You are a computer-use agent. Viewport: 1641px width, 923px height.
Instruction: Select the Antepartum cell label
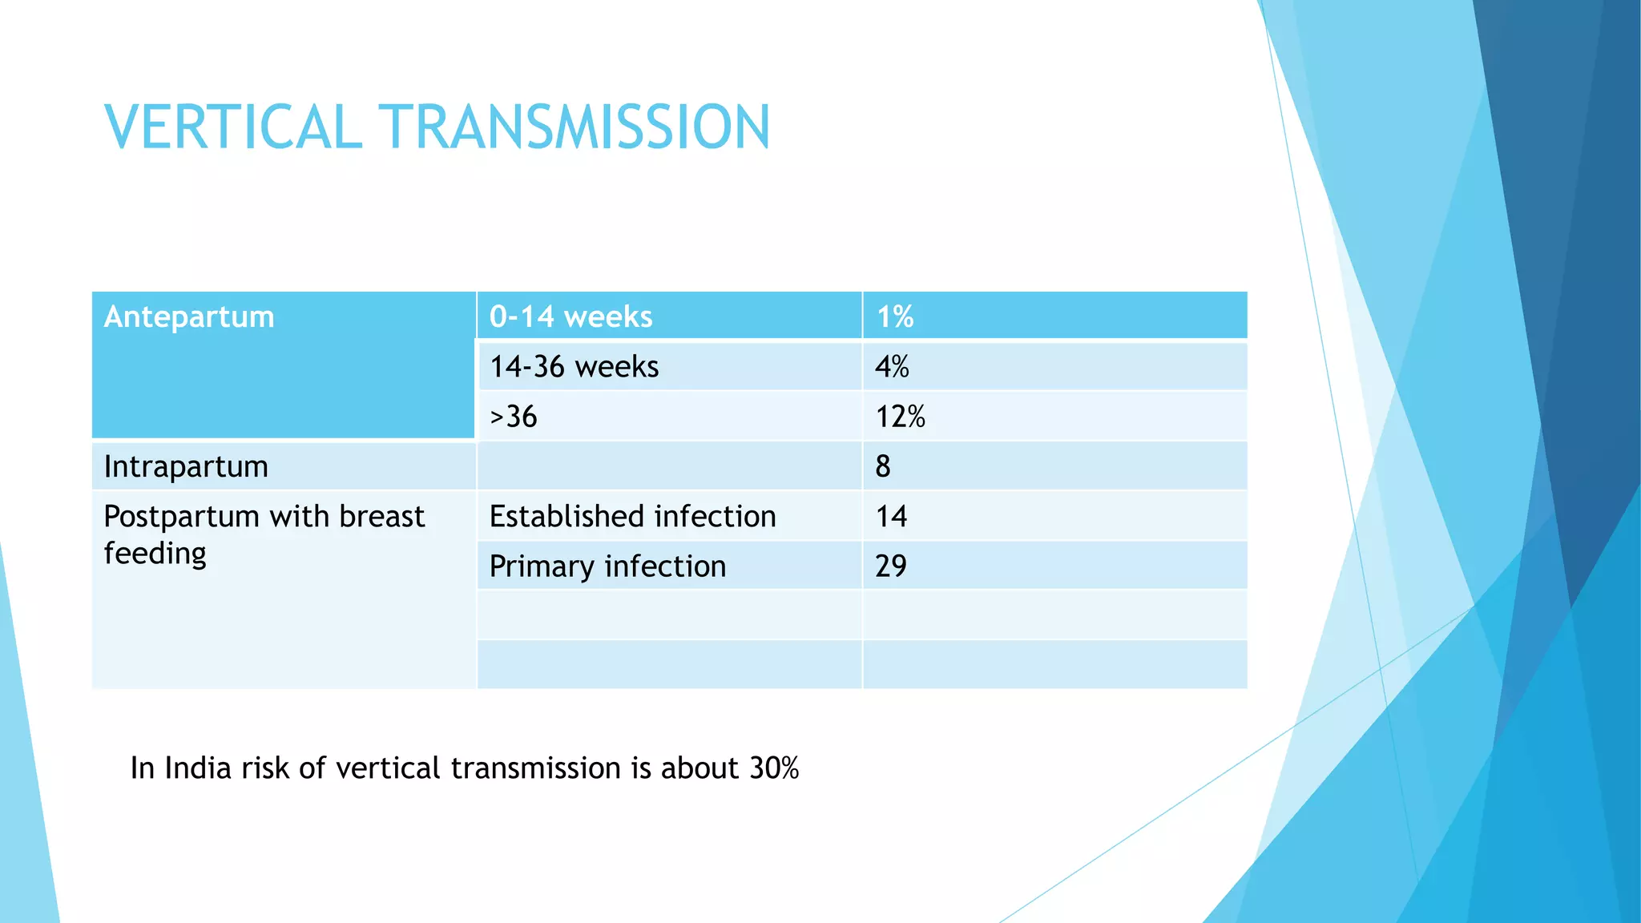pyautogui.click(x=189, y=316)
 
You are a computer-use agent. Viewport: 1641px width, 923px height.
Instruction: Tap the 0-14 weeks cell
pyautogui.click(x=571, y=316)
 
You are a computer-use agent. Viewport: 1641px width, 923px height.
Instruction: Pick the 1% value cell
pyautogui.click(x=894, y=316)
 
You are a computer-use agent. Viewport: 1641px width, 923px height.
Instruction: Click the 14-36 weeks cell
pyautogui.click(x=574, y=367)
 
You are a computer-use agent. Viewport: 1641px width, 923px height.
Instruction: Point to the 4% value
pyautogui.click(x=892, y=367)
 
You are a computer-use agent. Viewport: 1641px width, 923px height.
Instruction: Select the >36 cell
pyautogui.click(x=513, y=417)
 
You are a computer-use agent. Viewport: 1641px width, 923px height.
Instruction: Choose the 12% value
pyautogui.click(x=900, y=417)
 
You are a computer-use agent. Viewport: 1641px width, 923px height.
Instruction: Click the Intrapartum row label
pyautogui.click(x=186, y=466)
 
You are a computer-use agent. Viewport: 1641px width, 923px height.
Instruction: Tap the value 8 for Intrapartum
pyautogui.click(x=882, y=466)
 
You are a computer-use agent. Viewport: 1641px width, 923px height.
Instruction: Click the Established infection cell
pyautogui.click(x=632, y=516)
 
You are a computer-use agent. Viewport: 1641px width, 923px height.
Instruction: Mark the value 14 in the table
pyautogui.click(x=891, y=516)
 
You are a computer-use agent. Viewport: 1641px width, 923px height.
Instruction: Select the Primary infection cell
pyautogui.click(x=607, y=566)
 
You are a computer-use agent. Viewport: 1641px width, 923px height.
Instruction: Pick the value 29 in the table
pyautogui.click(x=890, y=566)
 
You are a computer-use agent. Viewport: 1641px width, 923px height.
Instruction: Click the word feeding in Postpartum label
pyautogui.click(x=155, y=554)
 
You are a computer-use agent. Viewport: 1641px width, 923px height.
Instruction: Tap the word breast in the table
pyautogui.click(x=381, y=516)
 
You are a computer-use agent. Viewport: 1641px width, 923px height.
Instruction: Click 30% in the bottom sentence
pyautogui.click(x=774, y=768)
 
